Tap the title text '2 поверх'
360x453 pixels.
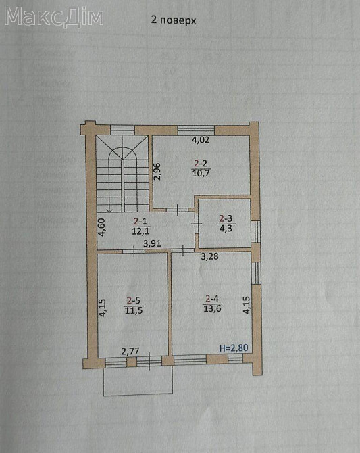pos(173,20)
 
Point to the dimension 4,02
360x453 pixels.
pos(200,141)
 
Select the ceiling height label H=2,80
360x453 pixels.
pos(234,348)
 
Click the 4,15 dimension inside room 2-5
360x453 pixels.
pos(102,309)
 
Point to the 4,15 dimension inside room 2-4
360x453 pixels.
pos(246,306)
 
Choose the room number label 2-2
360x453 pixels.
pos(201,163)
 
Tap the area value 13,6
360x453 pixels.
pos(212,309)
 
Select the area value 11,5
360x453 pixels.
pos(134,310)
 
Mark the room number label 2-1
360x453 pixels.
pos(140,221)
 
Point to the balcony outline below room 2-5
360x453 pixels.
pos(134,383)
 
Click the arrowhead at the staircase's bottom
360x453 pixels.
pos(109,209)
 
